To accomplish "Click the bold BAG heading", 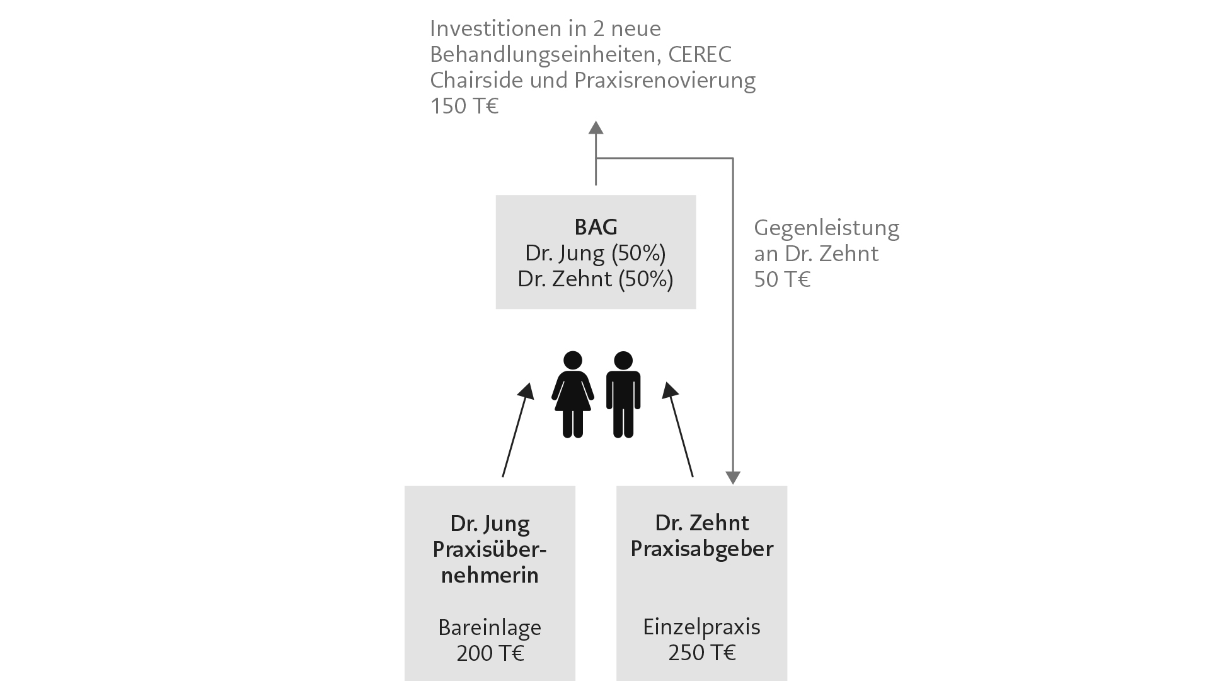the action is [x=596, y=226].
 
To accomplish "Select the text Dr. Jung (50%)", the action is [x=596, y=253].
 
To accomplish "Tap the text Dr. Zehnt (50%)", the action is [x=596, y=279].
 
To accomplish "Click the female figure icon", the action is [x=572, y=395].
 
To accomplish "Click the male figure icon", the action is [x=623, y=395].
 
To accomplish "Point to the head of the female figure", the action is [x=572, y=360].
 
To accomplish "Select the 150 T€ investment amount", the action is [x=464, y=106].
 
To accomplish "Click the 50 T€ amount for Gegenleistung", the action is [x=782, y=279].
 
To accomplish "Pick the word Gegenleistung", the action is [x=827, y=228].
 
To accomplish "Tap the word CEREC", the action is [x=700, y=54].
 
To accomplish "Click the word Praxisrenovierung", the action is [x=665, y=81].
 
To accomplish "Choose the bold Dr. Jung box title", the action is [x=490, y=523].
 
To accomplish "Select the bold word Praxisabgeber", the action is [x=701, y=549].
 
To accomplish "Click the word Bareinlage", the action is [x=490, y=627].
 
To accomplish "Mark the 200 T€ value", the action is [x=490, y=653].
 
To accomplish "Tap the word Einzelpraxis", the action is [x=701, y=627].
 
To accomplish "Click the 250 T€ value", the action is [x=701, y=653].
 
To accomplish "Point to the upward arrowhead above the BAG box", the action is [x=596, y=127].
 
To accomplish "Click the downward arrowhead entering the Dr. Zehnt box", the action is [x=732, y=477].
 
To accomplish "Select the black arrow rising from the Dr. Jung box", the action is [x=518, y=429].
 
